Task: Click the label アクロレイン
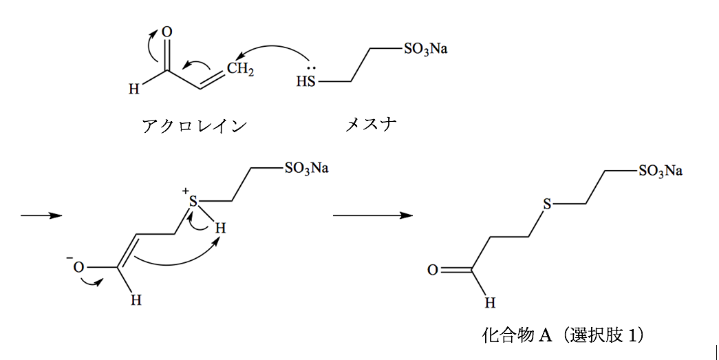[x=193, y=126]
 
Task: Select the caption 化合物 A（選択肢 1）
[x=563, y=335]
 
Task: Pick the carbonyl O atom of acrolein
[x=167, y=32]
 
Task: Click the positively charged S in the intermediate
[x=193, y=202]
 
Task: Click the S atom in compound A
[x=547, y=204]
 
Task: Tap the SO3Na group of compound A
[x=660, y=171]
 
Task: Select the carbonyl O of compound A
[x=432, y=270]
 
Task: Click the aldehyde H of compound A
[x=489, y=302]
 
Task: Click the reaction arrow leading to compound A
[x=372, y=215]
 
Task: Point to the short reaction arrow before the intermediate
[x=41, y=215]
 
